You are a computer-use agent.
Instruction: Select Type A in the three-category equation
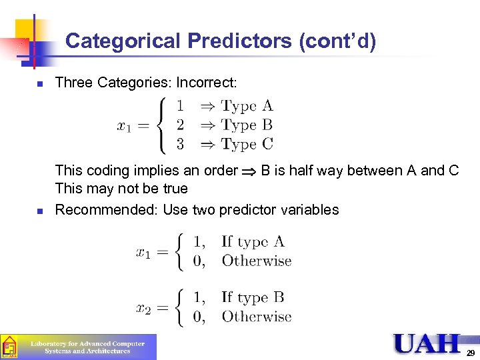247,106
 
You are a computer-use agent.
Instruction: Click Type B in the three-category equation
247,125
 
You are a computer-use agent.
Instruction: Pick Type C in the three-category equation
247,143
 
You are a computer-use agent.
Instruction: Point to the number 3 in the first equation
181,143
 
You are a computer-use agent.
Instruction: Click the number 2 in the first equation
181,125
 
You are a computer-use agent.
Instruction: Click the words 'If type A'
253,241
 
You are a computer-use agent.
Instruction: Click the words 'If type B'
253,297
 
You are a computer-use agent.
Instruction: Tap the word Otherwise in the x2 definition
257,317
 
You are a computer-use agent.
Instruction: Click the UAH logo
427,344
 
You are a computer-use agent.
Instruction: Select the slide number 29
471,353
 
